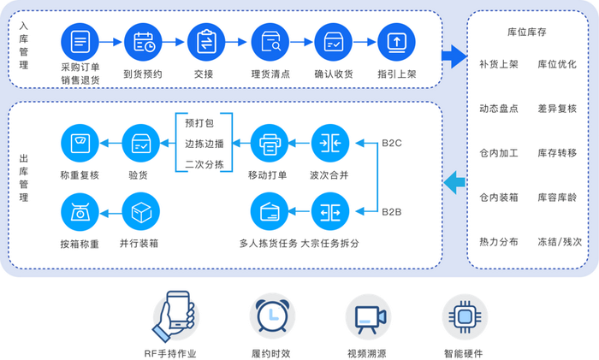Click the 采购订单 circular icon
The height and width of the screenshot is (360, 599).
80,40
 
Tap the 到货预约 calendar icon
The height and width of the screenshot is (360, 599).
143,40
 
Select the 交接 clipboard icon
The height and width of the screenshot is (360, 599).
206,40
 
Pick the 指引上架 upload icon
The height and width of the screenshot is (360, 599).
395,40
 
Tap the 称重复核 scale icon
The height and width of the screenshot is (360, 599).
80,142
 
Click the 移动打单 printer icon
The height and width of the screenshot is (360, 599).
270,142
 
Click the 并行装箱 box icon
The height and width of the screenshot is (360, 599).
140,210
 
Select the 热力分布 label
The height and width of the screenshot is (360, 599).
499,242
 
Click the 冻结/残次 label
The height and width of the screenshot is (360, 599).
558,242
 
